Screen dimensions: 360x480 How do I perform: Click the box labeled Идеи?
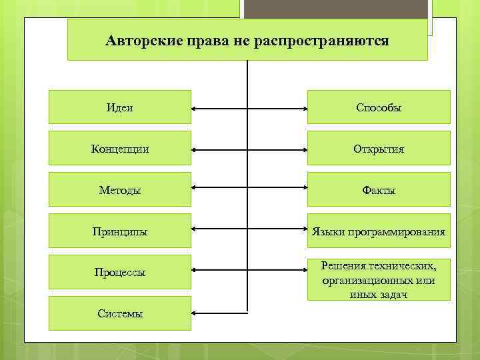point(120,107)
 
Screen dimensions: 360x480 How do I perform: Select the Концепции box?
point(120,148)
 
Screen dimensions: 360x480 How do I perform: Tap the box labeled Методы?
point(120,189)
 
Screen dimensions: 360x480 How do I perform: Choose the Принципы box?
point(120,231)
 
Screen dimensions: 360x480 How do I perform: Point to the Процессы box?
point(120,272)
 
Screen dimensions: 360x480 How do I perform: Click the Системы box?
point(120,313)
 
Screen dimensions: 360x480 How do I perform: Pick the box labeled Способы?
point(379,107)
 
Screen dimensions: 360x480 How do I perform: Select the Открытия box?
point(379,148)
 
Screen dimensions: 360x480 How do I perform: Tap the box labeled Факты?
point(379,189)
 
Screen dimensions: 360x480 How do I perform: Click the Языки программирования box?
point(379,231)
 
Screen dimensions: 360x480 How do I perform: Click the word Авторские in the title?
point(139,40)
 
